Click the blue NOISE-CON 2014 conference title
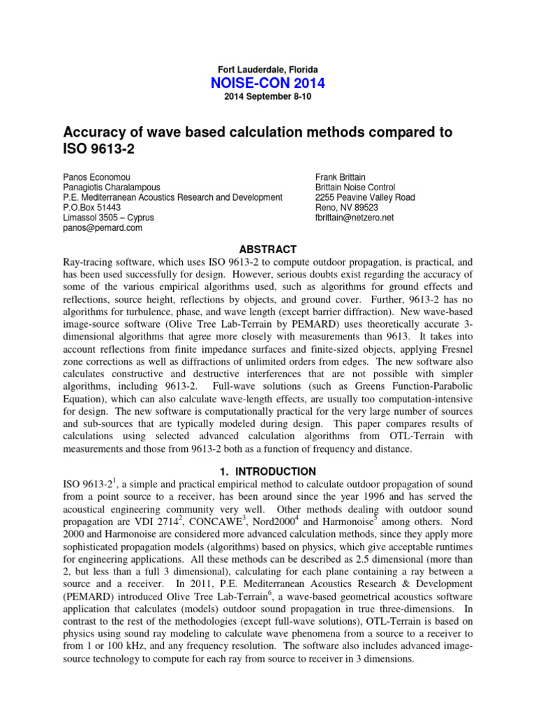268,84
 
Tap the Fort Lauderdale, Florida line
268,70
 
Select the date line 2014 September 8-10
268,97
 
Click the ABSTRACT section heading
268,250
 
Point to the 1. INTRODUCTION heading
268,471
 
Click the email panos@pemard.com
103,227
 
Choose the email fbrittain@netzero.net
355,218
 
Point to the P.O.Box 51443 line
92,207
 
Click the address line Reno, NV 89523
347,207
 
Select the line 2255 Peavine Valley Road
365,197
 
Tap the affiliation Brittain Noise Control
355,188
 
